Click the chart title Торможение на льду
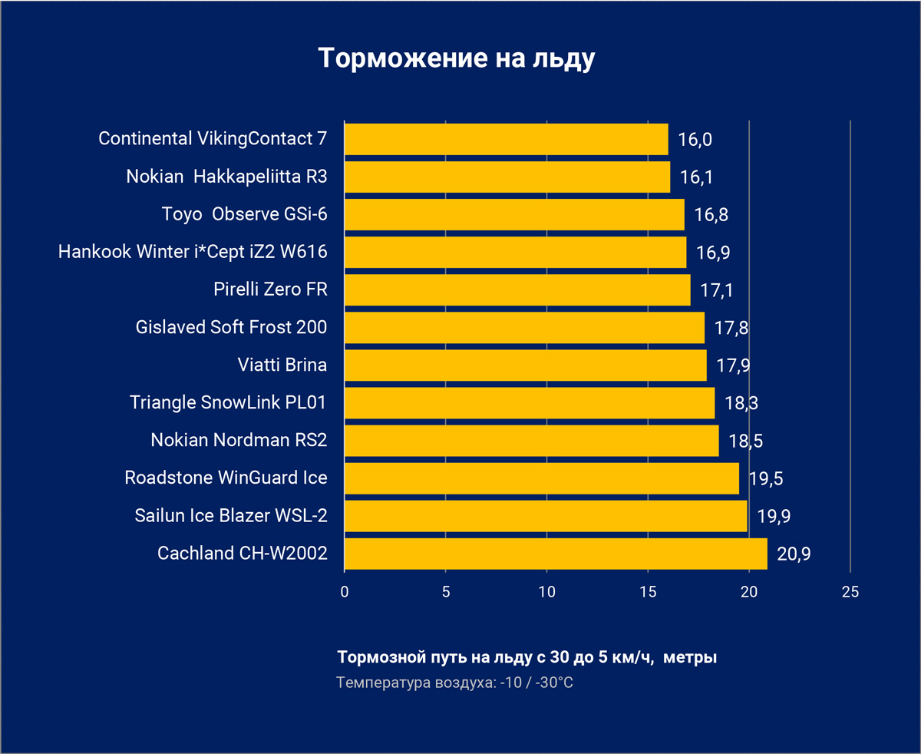click(x=457, y=58)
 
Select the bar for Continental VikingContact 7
click(x=507, y=139)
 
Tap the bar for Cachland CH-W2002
click(x=556, y=554)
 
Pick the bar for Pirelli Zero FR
click(x=517, y=290)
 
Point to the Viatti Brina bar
click(x=525, y=365)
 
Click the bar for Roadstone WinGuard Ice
click(x=542, y=478)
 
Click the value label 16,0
click(x=695, y=140)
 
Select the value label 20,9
click(x=794, y=554)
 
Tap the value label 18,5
click(x=744, y=441)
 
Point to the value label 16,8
click(x=711, y=215)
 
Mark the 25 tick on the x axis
click(x=850, y=592)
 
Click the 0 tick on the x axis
click(x=345, y=592)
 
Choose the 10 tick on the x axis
click(x=546, y=592)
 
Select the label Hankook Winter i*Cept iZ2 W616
click(x=193, y=252)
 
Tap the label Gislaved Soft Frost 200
click(x=231, y=327)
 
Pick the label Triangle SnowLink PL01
click(x=229, y=402)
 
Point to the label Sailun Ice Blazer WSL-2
click(x=231, y=516)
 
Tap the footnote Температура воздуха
click(x=455, y=682)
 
